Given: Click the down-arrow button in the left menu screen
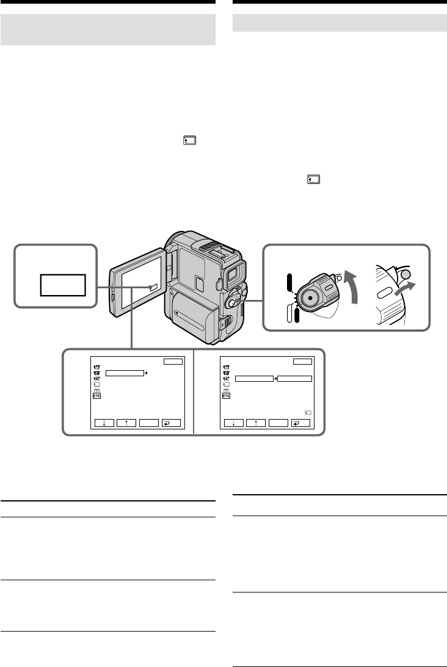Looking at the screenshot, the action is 105,422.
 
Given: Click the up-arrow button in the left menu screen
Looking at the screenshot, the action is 126,422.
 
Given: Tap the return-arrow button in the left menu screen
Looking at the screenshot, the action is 171,422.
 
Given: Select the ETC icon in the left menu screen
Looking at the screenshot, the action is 96,396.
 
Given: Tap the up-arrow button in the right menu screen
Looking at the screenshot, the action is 256,422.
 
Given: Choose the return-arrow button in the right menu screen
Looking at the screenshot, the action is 301,422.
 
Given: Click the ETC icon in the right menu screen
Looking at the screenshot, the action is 227,396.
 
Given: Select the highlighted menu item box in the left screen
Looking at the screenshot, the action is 124,373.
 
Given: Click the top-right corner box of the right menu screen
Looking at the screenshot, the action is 302,362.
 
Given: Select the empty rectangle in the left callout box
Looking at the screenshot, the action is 62,285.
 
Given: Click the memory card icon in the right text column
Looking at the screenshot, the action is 313,180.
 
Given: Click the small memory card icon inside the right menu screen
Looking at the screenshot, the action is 307,412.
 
